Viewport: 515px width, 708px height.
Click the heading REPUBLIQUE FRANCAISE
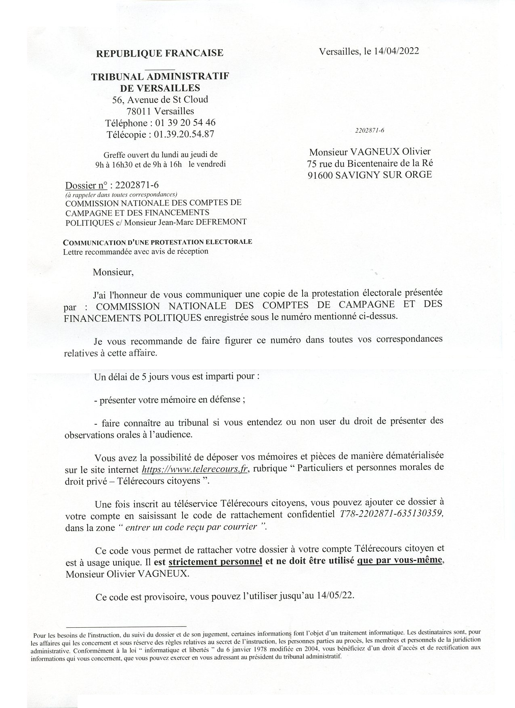[159, 53]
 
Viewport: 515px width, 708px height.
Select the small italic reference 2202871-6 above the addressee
[370, 130]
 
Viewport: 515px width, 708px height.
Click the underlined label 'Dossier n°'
[86, 186]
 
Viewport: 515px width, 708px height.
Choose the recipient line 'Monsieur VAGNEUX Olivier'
[370, 152]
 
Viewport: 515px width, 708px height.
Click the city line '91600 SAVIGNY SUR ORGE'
[370, 175]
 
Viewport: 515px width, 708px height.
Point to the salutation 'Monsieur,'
[113, 272]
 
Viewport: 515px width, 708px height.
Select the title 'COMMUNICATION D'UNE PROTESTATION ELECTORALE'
[158, 242]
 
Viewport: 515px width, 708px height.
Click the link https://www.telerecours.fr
[195, 469]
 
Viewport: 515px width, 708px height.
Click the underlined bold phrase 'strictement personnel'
[215, 561]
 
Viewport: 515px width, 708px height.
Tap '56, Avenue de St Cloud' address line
[160, 99]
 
